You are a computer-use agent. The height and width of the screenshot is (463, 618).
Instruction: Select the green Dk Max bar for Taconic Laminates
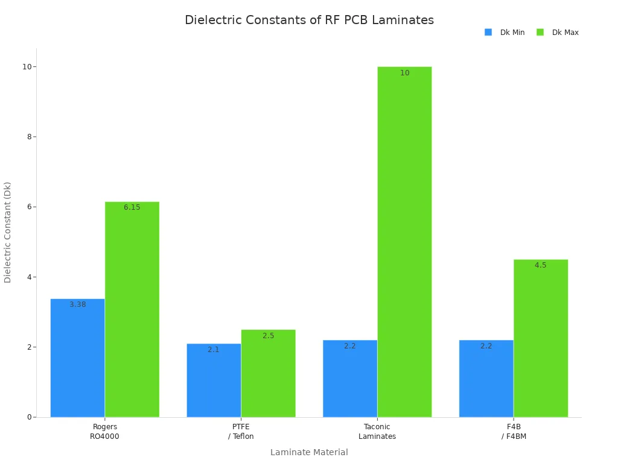tap(404, 241)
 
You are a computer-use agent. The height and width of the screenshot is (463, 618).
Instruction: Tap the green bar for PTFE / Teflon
tap(268, 373)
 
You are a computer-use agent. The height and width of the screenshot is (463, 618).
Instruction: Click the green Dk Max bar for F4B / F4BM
tap(540, 338)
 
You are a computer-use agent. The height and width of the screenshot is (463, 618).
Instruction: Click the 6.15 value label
tap(132, 207)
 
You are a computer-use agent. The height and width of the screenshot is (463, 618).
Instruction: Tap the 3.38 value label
tap(77, 304)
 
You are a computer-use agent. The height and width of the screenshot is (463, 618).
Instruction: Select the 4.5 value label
tap(540, 265)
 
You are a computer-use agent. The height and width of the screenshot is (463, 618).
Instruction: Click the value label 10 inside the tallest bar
tap(404, 73)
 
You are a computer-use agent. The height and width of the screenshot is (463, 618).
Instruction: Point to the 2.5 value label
tap(268, 336)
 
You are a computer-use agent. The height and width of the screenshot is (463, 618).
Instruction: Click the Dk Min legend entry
tap(505, 33)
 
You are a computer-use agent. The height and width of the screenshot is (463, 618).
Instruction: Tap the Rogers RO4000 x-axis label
tap(104, 432)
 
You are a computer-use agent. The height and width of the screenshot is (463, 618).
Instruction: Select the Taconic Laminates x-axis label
tap(377, 432)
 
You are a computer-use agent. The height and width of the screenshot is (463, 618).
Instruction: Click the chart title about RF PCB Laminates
tap(309, 20)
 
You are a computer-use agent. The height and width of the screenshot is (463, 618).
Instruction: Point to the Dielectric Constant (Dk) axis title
tap(8, 232)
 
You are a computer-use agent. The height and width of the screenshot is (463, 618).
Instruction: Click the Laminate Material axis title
tap(309, 452)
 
